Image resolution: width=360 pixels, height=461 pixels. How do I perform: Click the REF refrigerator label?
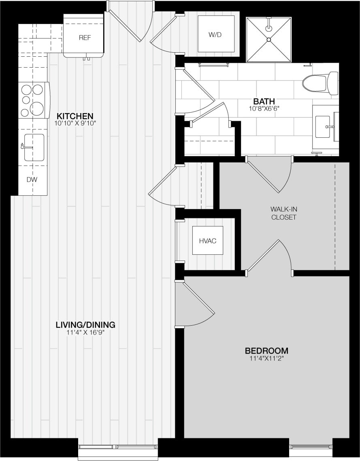[x=85, y=38]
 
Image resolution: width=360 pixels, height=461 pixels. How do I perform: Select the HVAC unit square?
[x=207, y=241]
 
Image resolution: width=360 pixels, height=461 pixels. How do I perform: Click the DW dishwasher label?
[x=32, y=179]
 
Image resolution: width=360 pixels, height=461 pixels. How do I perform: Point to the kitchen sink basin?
[x=34, y=147]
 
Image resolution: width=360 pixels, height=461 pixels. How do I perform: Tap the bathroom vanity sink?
[x=323, y=126]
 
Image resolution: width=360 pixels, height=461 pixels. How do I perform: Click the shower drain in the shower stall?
[x=268, y=39]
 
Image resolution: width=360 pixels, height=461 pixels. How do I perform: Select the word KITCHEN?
[x=75, y=115]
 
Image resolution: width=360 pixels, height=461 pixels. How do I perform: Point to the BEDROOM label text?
[x=266, y=351]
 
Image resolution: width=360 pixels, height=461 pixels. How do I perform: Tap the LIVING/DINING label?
[x=85, y=325]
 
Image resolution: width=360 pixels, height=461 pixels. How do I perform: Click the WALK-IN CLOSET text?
[x=283, y=213]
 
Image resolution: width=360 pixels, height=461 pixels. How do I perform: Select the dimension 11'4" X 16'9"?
[x=85, y=333]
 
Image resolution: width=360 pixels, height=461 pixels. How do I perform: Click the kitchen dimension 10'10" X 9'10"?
[x=75, y=123]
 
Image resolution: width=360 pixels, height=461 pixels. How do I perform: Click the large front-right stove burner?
[x=37, y=108]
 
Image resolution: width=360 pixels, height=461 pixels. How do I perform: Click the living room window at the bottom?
[x=117, y=447]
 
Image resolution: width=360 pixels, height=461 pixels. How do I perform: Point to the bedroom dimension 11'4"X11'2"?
[x=266, y=359]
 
